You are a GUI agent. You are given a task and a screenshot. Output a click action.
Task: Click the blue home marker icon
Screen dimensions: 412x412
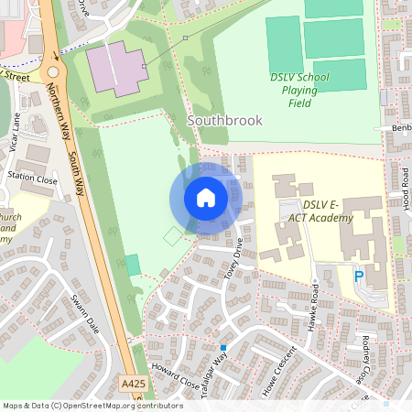click(x=206, y=198)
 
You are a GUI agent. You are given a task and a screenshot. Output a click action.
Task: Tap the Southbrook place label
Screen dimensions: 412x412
click(x=224, y=120)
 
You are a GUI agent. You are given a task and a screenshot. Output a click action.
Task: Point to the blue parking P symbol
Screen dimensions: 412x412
click(x=359, y=275)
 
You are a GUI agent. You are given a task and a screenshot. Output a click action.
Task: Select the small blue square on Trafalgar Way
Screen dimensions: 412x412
click(x=222, y=347)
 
